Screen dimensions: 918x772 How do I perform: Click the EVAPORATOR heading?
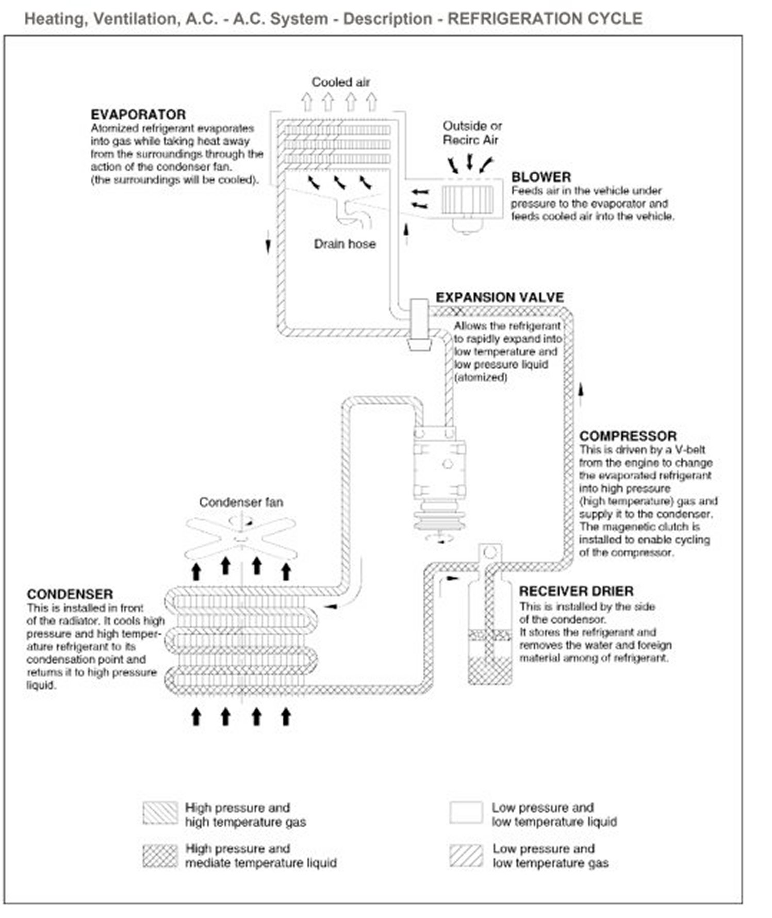pyautogui.click(x=138, y=114)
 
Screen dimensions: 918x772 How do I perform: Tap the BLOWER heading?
pyautogui.click(x=541, y=177)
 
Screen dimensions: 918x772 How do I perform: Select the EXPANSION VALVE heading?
pyautogui.click(x=500, y=298)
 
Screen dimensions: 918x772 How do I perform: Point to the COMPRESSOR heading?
pyautogui.click(x=628, y=436)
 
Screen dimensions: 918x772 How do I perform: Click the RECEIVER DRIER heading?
pyautogui.click(x=576, y=591)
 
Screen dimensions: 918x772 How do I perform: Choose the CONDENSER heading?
pyautogui.click(x=70, y=594)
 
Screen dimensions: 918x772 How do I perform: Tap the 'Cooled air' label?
pyautogui.click(x=341, y=82)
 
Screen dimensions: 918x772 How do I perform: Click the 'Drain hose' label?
pyautogui.click(x=344, y=244)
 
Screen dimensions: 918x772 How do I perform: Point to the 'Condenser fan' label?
pyautogui.click(x=241, y=502)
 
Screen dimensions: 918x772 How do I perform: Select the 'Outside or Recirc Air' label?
pyautogui.click(x=472, y=133)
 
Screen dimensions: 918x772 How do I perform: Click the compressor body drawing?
pyautogui.click(x=439, y=469)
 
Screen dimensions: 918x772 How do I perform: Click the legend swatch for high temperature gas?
pyautogui.click(x=160, y=814)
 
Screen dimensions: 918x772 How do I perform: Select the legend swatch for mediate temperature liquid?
pyautogui.click(x=160, y=855)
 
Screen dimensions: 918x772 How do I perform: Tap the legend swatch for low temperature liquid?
pyautogui.click(x=466, y=814)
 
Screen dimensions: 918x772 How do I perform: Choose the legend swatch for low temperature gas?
pyautogui.click(x=466, y=855)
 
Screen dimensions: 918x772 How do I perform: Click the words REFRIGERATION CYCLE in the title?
pyautogui.click(x=545, y=19)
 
